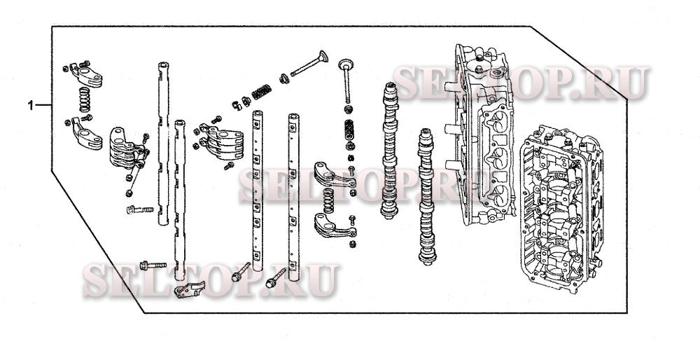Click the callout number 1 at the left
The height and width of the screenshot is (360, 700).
(x=30, y=106)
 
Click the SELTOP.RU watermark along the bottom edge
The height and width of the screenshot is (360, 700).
(x=210, y=279)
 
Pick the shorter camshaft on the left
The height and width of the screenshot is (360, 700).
(x=390, y=151)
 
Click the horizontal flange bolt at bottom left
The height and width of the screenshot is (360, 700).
(x=153, y=266)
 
